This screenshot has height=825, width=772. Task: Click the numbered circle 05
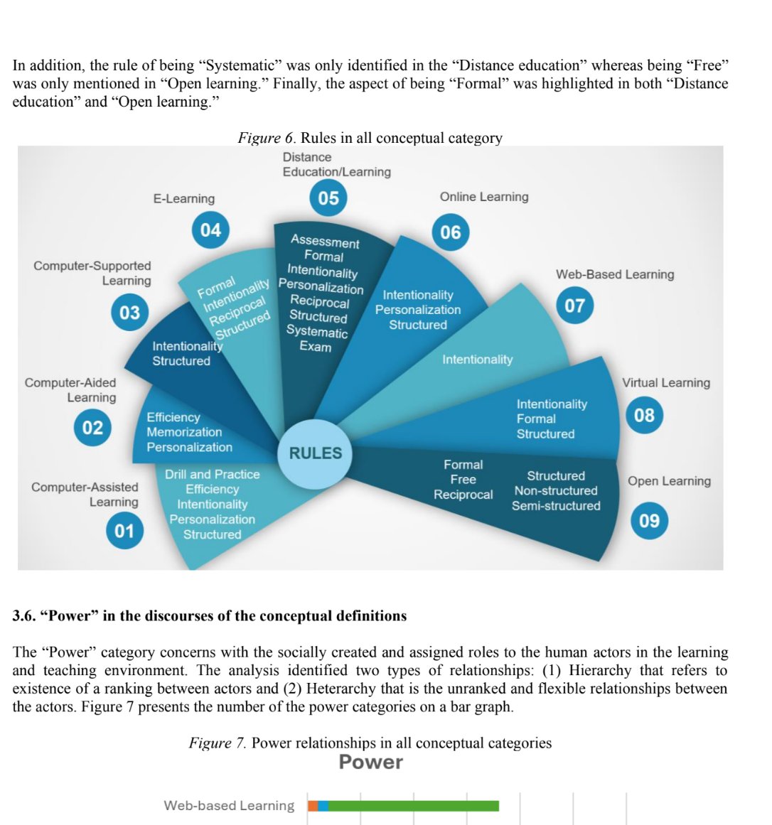[x=328, y=198]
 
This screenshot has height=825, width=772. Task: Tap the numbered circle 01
[x=124, y=531]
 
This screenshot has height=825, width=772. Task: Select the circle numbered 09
[x=649, y=521]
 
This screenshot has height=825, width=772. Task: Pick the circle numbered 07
[x=574, y=306]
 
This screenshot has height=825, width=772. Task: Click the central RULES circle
[x=315, y=453]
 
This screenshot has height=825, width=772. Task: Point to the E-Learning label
[x=184, y=199]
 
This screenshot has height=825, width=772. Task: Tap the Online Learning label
[x=484, y=197]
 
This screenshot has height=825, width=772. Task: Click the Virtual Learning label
[x=666, y=383]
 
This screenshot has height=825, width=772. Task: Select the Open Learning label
[x=669, y=481]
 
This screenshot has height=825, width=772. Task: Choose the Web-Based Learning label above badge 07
[x=615, y=274]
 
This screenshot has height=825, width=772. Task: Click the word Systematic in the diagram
[x=317, y=332]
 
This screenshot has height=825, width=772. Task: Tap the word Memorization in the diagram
[x=184, y=432]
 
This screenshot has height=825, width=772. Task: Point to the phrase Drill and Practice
[x=213, y=475]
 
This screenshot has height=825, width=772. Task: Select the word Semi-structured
[x=556, y=506]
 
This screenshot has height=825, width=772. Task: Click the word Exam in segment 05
[x=316, y=347]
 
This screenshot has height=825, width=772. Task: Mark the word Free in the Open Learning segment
[x=463, y=480]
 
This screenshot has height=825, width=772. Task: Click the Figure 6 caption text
[x=370, y=138]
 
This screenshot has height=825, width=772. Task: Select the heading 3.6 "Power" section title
[x=210, y=616]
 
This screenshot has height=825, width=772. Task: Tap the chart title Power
[x=370, y=762]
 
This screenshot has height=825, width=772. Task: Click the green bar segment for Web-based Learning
[x=413, y=806]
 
